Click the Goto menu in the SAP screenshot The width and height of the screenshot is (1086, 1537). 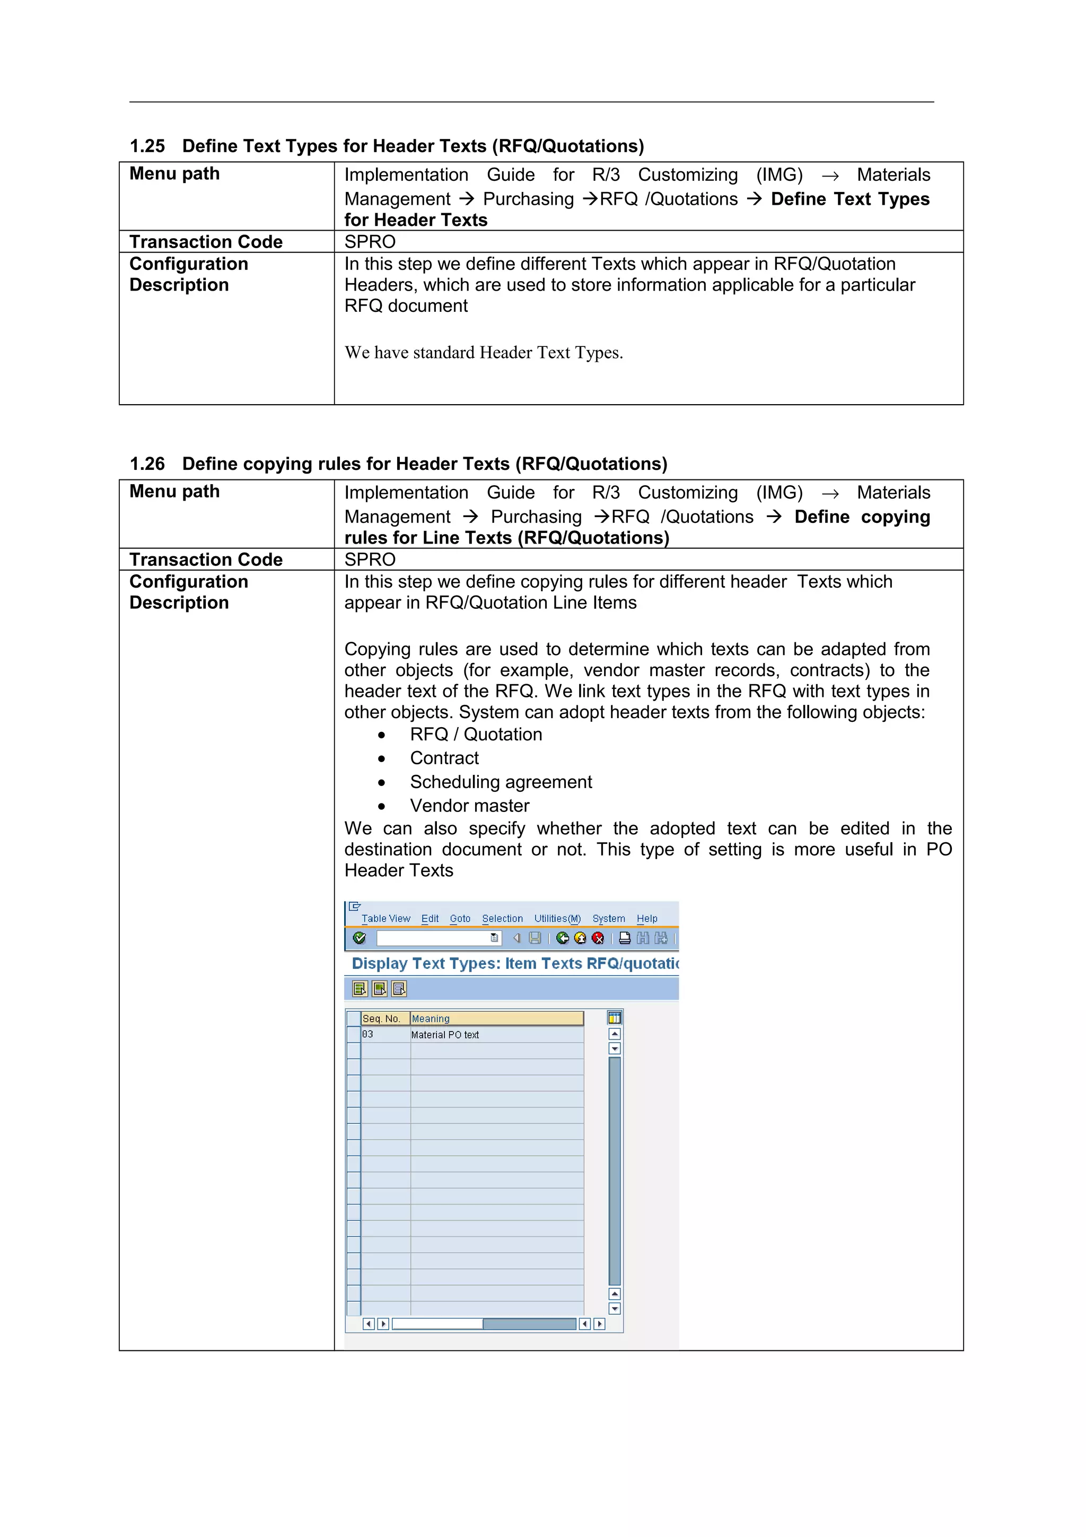pos(460,919)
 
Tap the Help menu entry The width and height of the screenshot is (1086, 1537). pos(646,919)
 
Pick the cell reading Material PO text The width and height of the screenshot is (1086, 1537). pos(445,1034)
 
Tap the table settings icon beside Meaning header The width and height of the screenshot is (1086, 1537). pos(614,1018)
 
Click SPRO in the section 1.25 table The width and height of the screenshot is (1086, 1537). pos(370,242)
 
